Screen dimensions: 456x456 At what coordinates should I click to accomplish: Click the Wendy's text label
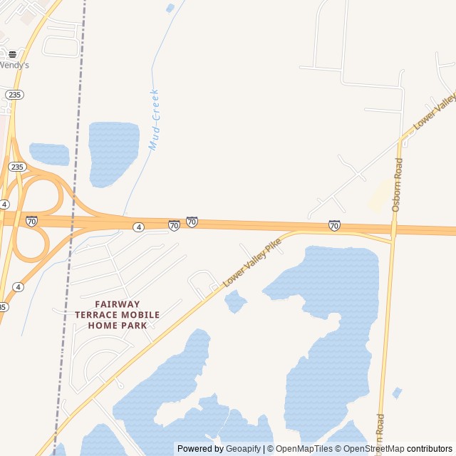pos(14,65)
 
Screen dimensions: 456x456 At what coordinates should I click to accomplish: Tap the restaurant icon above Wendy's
pos(12,53)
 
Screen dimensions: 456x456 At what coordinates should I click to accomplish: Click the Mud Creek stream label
pos(153,120)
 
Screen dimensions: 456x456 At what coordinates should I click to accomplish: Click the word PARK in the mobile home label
pos(134,326)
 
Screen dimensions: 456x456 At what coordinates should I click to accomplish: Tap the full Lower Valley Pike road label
pos(253,263)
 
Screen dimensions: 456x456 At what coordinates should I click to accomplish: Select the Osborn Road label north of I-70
pos(398,185)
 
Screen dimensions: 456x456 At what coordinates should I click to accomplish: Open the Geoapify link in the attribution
pos(243,449)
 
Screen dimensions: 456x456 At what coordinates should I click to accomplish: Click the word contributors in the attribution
pos(430,449)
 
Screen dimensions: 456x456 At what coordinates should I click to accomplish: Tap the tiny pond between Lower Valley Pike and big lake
pos(235,301)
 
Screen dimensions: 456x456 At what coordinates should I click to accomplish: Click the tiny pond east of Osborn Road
pos(397,393)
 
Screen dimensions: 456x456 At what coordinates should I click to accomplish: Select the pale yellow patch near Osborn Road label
pos(381,195)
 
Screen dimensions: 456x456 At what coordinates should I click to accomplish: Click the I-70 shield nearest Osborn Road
pos(334,225)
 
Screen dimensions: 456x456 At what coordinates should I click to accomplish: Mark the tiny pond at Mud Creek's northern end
pos(170,9)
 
